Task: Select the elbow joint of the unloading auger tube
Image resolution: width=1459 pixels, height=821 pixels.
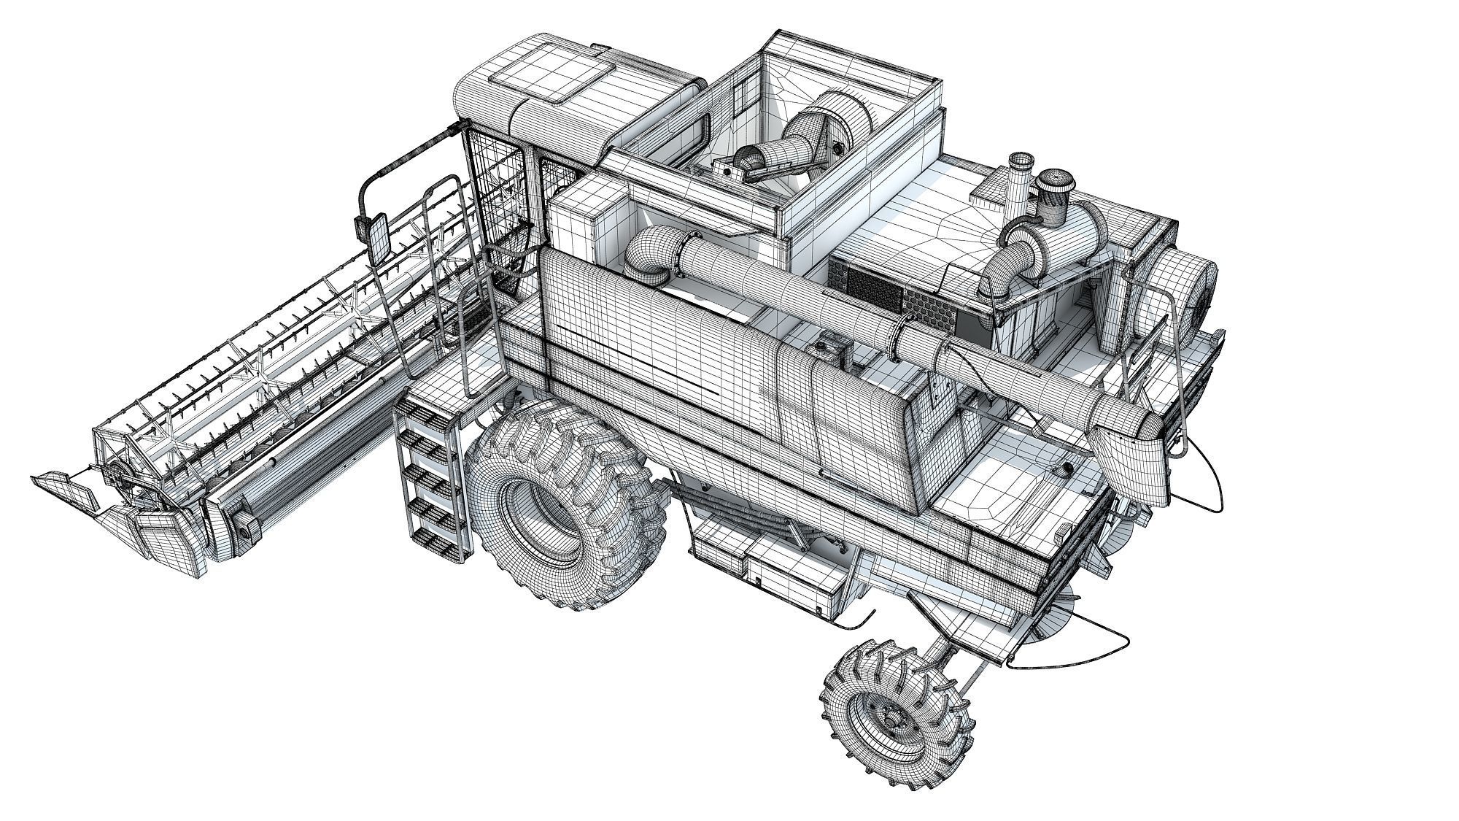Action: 646,252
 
